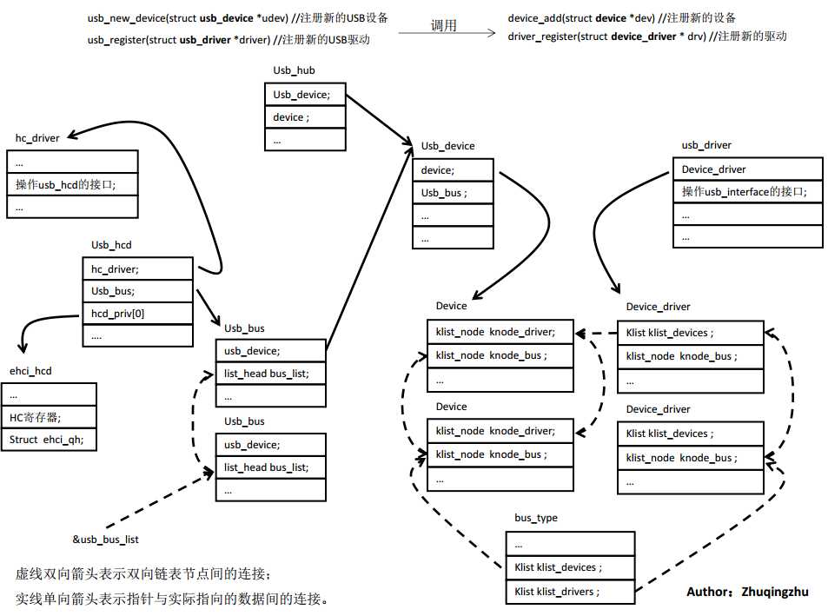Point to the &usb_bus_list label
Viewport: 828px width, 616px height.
[x=105, y=540]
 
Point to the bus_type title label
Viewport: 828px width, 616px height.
[x=535, y=519]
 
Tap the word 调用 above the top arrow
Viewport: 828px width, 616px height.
[x=443, y=25]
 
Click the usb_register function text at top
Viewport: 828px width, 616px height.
[x=225, y=39]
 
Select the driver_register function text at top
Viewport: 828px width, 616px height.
[x=647, y=36]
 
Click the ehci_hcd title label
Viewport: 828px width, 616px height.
[x=30, y=371]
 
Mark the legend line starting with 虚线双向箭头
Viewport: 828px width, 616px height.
[x=143, y=574]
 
